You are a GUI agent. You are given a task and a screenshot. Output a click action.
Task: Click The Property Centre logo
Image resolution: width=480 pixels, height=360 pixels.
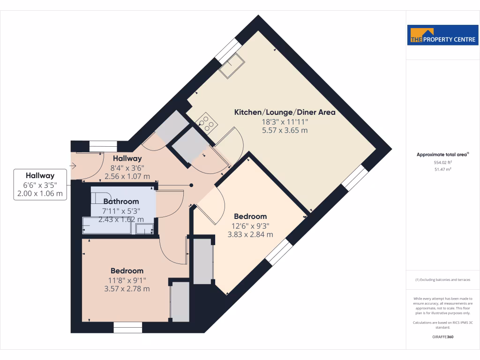(442, 35)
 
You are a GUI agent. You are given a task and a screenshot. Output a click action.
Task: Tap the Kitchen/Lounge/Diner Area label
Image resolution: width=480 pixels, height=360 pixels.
(285, 112)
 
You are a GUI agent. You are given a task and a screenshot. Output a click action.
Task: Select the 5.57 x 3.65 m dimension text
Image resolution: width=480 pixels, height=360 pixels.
(285, 130)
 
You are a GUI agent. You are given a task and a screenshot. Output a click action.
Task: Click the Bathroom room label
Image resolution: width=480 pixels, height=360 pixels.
(121, 201)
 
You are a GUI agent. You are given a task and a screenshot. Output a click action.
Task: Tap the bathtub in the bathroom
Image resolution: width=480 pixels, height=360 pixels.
(108, 225)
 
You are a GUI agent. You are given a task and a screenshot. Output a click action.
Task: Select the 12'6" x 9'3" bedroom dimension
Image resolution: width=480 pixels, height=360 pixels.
(250, 225)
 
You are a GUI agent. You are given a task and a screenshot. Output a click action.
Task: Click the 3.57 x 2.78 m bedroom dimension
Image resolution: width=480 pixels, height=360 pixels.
(127, 289)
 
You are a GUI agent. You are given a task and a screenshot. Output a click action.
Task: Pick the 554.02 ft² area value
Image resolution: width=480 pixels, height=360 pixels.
(442, 162)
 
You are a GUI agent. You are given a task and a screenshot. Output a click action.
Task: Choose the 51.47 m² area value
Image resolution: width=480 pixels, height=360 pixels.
(442, 169)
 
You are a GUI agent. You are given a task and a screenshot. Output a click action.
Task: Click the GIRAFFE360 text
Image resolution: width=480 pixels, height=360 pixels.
(442, 337)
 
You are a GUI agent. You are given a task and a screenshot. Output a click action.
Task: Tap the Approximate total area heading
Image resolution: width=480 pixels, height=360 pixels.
(442, 154)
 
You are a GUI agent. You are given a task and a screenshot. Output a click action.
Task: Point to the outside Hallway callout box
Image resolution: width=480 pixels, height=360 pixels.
(40, 184)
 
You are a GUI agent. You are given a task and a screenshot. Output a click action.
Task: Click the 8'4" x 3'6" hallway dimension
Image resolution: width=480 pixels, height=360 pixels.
(127, 168)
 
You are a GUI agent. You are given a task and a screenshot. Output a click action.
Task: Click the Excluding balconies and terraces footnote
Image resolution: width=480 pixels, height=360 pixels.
(442, 280)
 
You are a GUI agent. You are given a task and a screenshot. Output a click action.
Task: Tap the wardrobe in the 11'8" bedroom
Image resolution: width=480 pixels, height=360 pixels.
(180, 301)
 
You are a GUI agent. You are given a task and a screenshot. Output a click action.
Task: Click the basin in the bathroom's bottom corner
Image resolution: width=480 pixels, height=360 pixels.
(144, 229)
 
